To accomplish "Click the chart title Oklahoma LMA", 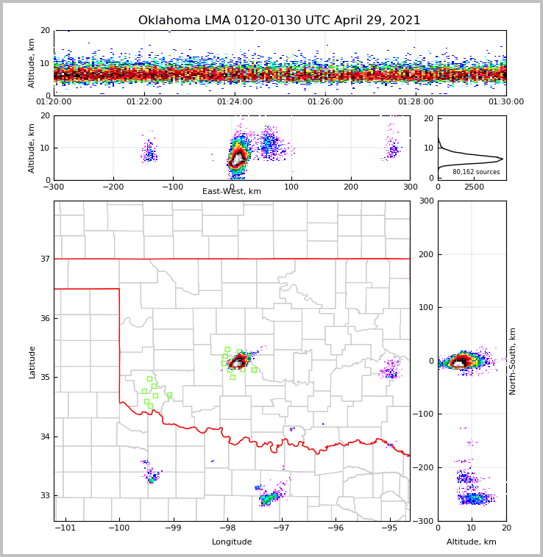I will [x=279, y=21].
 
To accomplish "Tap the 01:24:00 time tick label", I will [x=235, y=102].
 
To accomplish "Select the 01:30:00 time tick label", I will [x=505, y=102].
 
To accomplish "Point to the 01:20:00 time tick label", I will [x=54, y=102].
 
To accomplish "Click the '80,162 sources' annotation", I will [x=476, y=172].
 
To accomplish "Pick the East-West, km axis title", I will [x=232, y=192].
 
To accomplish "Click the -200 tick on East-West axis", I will [x=113, y=187].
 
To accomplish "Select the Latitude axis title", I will [x=32, y=362].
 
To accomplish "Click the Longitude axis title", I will [x=232, y=542].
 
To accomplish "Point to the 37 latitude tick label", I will [x=45, y=259].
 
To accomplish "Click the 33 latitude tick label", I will [x=45, y=495].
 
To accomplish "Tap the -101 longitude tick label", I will [x=65, y=528].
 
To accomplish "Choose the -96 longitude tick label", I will [x=336, y=528].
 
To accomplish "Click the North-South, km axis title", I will [x=513, y=361].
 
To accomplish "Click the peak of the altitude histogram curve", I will [x=503, y=158].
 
